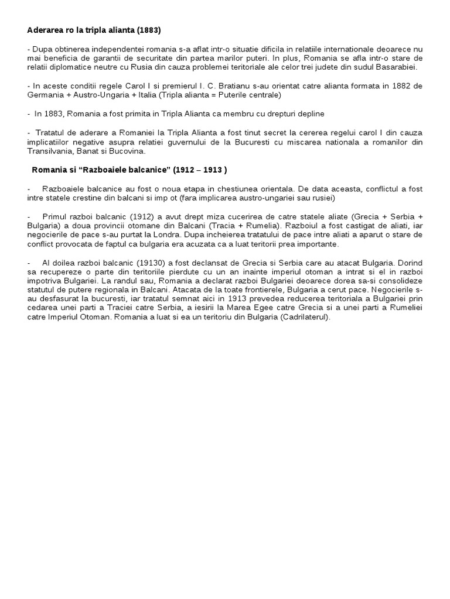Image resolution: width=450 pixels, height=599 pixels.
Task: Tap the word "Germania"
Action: (45, 95)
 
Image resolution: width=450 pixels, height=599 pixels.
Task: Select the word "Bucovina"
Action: (126, 151)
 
